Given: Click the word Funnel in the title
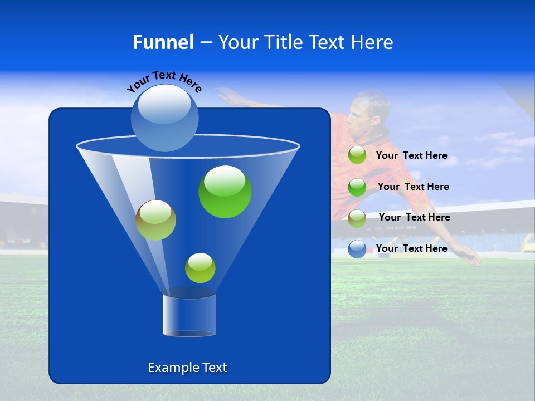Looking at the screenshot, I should pos(163,42).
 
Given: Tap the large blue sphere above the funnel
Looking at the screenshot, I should pos(164,118).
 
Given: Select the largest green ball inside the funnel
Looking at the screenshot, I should pos(225,192).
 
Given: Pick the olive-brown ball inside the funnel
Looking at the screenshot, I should pos(155,220).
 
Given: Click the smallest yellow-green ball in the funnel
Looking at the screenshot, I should pos(200,268).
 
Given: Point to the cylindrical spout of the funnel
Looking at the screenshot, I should pos(189,315).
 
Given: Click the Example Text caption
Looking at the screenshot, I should pos(187,368).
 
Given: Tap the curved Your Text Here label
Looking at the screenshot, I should pos(164,81).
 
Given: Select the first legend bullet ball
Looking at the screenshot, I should pos(357,155).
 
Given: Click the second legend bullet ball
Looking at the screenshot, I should pos(357,187).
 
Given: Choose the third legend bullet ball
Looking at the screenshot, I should pos(357,218).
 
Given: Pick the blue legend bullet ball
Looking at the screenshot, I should pos(357,249).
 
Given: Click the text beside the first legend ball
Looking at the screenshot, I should pos(411,155).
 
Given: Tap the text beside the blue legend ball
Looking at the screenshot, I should pos(411,248).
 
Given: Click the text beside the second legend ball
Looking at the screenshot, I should pos(413,187).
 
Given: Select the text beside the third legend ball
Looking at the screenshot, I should pos(414,217).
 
